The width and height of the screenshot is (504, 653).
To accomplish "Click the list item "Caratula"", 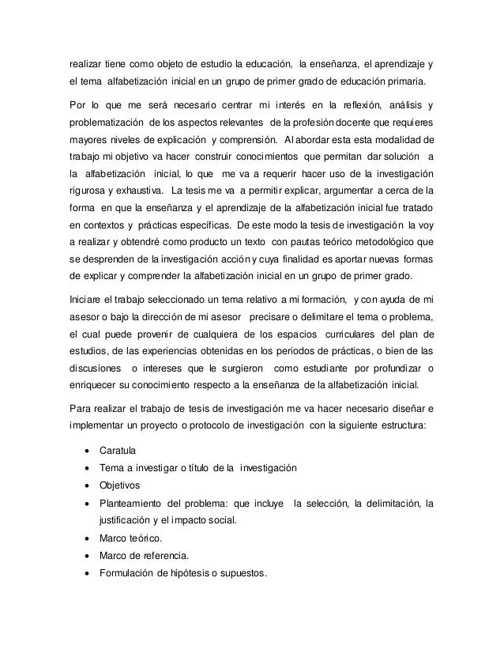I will tap(117, 451).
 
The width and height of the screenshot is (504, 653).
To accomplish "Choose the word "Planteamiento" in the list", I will tap(132, 503).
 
